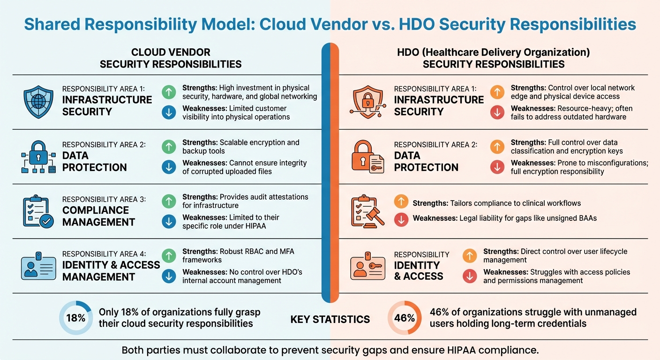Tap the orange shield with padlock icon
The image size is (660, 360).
pyautogui.click(x=367, y=102)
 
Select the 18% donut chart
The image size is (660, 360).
pyautogui.click(x=75, y=317)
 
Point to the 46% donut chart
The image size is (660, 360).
pyautogui.click(x=404, y=317)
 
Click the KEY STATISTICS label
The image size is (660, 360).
pyautogui.click(x=330, y=320)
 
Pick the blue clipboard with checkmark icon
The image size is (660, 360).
pyautogui.click(x=37, y=212)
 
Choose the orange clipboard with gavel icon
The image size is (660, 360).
pyautogui.click(x=367, y=212)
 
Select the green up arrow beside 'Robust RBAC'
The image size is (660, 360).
pyautogui.click(x=169, y=255)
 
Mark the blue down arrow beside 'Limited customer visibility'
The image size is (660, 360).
pyautogui.click(x=169, y=112)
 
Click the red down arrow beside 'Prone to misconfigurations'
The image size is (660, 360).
pyautogui.click(x=496, y=166)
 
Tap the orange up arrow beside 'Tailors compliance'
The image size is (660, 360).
pyautogui.click(x=401, y=202)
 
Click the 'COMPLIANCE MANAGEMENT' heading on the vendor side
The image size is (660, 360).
pyautogui.click(x=98, y=216)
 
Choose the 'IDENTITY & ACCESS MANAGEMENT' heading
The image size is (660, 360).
pyautogui.click(x=111, y=271)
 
